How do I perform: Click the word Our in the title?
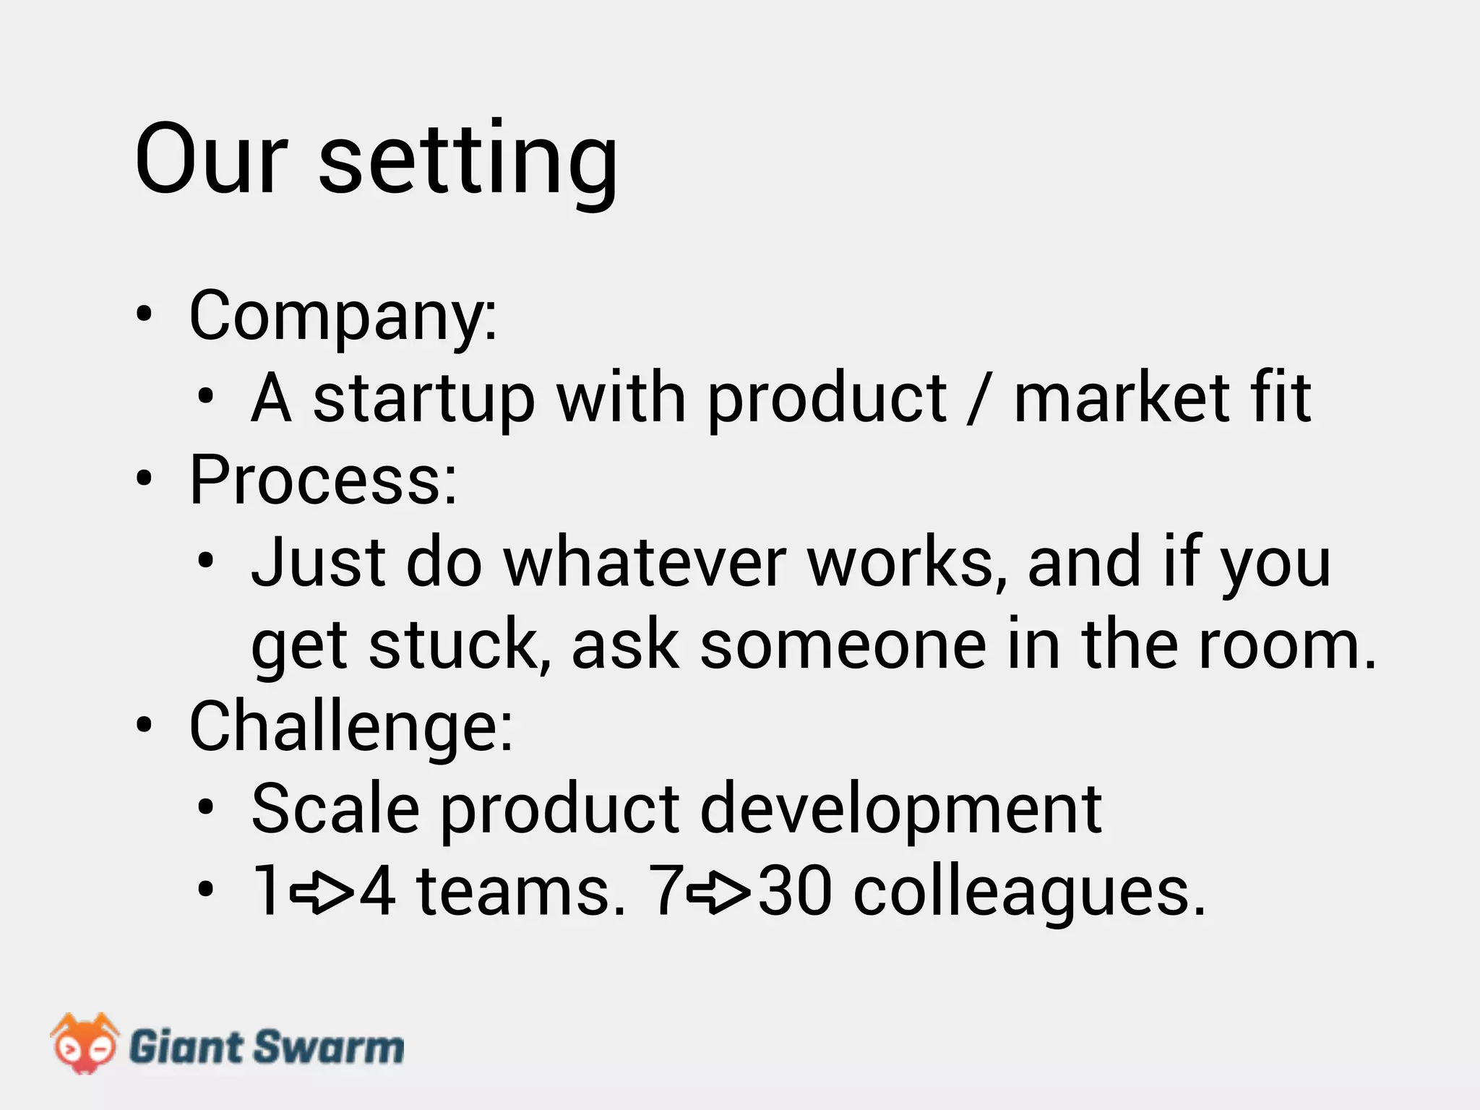211,159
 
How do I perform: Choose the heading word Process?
323,480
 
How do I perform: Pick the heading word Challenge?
350,727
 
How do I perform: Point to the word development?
900,811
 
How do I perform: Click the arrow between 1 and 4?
321,893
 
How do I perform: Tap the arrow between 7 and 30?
718,893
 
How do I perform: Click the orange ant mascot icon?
84,1044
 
